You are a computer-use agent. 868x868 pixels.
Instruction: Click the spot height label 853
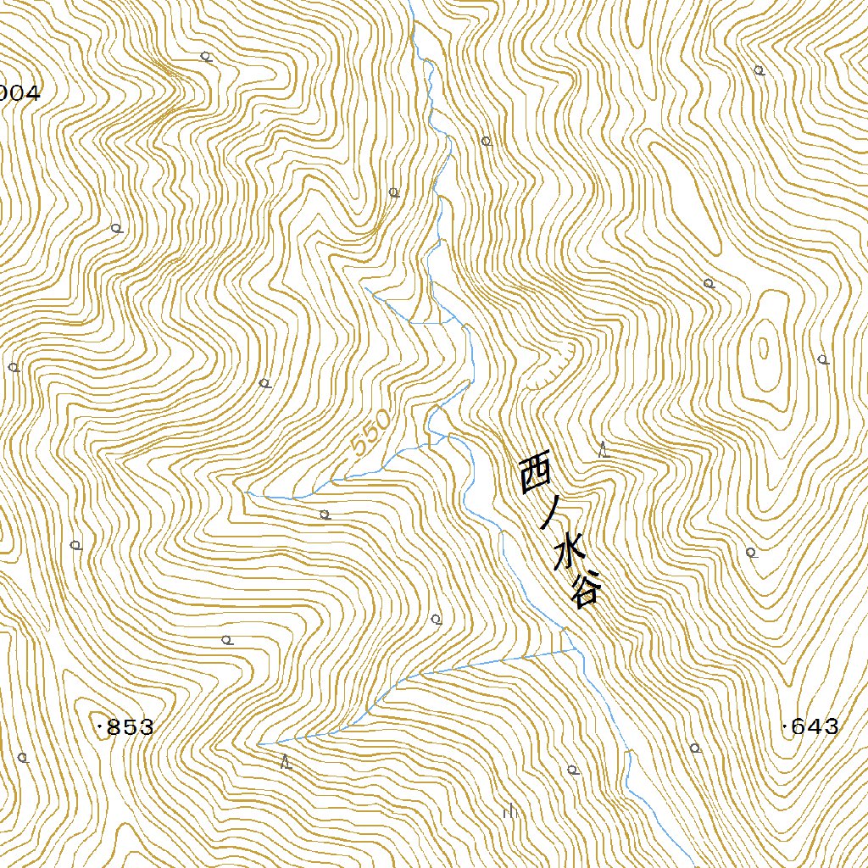pyautogui.click(x=131, y=727)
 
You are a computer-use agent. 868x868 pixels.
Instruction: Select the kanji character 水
pyautogui.click(x=569, y=555)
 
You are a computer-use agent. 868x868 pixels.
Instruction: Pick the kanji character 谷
pyautogui.click(x=586, y=590)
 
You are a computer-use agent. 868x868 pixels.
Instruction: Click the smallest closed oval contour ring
pyautogui.click(x=763, y=348)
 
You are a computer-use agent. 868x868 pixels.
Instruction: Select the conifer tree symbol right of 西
pyautogui.click(x=604, y=449)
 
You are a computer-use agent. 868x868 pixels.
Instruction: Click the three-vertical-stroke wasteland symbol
pyautogui.click(x=510, y=812)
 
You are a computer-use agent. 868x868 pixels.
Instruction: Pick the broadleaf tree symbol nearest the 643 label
pyautogui.click(x=695, y=748)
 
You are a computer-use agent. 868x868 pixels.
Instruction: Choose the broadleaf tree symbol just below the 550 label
pyautogui.click(x=324, y=514)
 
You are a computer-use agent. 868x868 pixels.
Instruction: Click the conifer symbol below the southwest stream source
pyautogui.click(x=287, y=761)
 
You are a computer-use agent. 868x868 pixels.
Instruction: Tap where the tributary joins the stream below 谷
pyautogui.click(x=576, y=649)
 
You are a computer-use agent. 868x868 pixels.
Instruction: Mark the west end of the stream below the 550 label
pyautogui.click(x=247, y=492)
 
